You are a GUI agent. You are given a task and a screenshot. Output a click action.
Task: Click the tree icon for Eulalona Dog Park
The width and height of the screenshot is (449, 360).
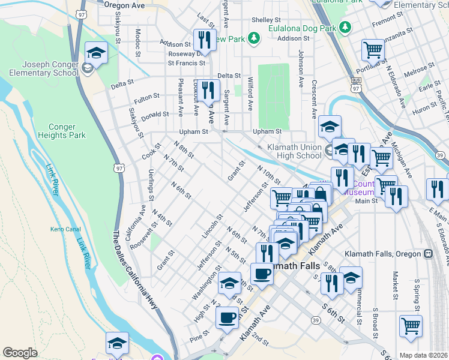(345, 27)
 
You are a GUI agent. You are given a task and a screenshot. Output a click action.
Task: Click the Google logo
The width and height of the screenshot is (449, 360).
(20, 353)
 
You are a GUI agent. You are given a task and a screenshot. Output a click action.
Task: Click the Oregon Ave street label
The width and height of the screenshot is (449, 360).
(124, 4)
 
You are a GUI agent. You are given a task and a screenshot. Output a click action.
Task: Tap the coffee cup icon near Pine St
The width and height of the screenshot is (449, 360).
(228, 318)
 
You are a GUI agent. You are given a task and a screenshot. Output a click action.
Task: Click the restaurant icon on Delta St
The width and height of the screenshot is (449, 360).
(207, 91)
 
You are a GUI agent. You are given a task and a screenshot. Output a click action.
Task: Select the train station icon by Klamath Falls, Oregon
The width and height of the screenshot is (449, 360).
(428, 254)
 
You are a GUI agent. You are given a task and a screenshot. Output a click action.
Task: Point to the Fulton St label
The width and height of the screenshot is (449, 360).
(147, 96)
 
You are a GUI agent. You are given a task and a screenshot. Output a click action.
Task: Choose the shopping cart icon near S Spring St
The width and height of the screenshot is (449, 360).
(411, 328)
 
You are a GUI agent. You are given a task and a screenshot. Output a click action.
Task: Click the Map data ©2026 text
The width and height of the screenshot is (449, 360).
(424, 355)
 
